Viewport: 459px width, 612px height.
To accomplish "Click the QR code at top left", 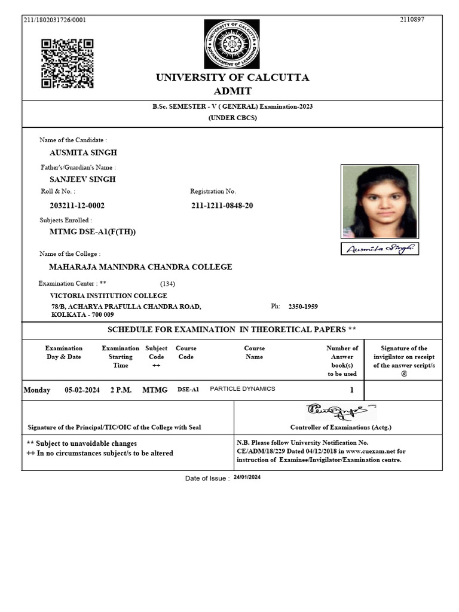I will click(x=67, y=63).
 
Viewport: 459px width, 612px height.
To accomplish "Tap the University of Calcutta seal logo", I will click(x=232, y=44).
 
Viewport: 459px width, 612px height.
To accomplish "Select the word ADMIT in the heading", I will click(x=232, y=91).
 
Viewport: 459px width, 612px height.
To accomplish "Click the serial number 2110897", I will click(x=412, y=20).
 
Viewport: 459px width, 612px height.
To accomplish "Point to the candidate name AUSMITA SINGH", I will click(x=83, y=153).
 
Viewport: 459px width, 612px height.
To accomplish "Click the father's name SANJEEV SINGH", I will click(x=82, y=179).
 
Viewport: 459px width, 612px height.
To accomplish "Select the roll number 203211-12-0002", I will click(x=77, y=206).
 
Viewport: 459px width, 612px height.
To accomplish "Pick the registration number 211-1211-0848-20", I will click(x=222, y=206).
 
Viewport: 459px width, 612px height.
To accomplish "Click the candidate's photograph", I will click(x=380, y=201).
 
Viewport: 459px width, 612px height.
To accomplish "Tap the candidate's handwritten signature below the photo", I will click(x=380, y=249).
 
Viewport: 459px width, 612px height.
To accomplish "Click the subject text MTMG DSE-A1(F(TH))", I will click(x=88, y=232).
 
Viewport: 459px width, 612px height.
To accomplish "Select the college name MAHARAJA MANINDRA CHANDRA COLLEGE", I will click(x=140, y=267).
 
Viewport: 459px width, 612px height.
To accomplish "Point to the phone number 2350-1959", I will click(x=303, y=307).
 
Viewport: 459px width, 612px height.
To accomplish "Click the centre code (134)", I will click(x=167, y=284).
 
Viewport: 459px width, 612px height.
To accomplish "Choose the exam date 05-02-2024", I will click(x=82, y=390).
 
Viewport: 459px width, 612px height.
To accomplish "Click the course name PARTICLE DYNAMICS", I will click(x=243, y=389).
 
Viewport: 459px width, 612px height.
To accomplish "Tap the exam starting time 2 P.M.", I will click(x=121, y=390).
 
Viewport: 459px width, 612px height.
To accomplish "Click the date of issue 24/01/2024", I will click(x=247, y=478).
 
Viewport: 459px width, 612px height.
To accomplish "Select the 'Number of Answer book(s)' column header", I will click(x=342, y=361).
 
